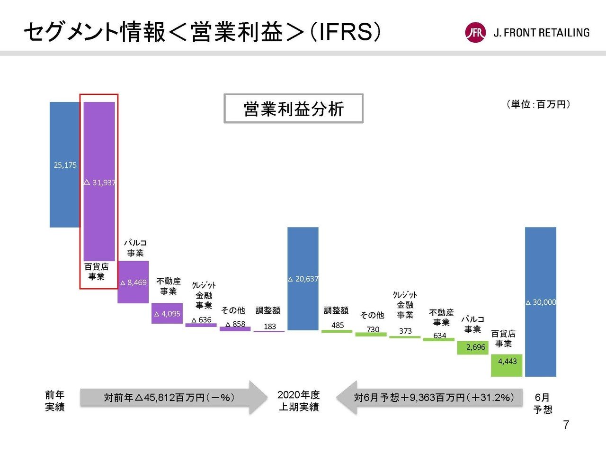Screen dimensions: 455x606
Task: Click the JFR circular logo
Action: click(475, 33)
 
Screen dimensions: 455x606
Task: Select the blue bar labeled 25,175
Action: click(65, 164)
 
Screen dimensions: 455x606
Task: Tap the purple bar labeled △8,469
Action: click(133, 282)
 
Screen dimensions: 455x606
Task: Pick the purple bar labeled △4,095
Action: click(167, 313)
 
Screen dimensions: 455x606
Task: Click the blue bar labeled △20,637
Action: click(303, 279)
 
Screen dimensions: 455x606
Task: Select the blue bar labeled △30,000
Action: click(541, 302)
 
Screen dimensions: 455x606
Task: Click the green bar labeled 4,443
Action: click(507, 365)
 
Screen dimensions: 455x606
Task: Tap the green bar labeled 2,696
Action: click(472, 347)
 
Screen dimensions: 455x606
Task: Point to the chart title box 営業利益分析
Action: click(294, 109)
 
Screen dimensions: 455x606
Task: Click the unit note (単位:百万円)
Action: click(538, 104)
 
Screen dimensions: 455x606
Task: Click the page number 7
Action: click(566, 425)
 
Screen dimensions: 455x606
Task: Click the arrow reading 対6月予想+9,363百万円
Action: click(431, 397)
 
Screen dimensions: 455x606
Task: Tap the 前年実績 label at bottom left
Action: click(55, 401)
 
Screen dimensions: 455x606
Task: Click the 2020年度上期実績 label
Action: click(299, 401)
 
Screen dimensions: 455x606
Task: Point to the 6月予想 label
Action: click(543, 403)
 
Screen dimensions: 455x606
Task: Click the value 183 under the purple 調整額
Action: click(270, 327)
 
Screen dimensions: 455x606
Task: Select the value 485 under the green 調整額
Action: click(338, 325)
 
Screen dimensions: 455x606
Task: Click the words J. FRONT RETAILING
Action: click(541, 33)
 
